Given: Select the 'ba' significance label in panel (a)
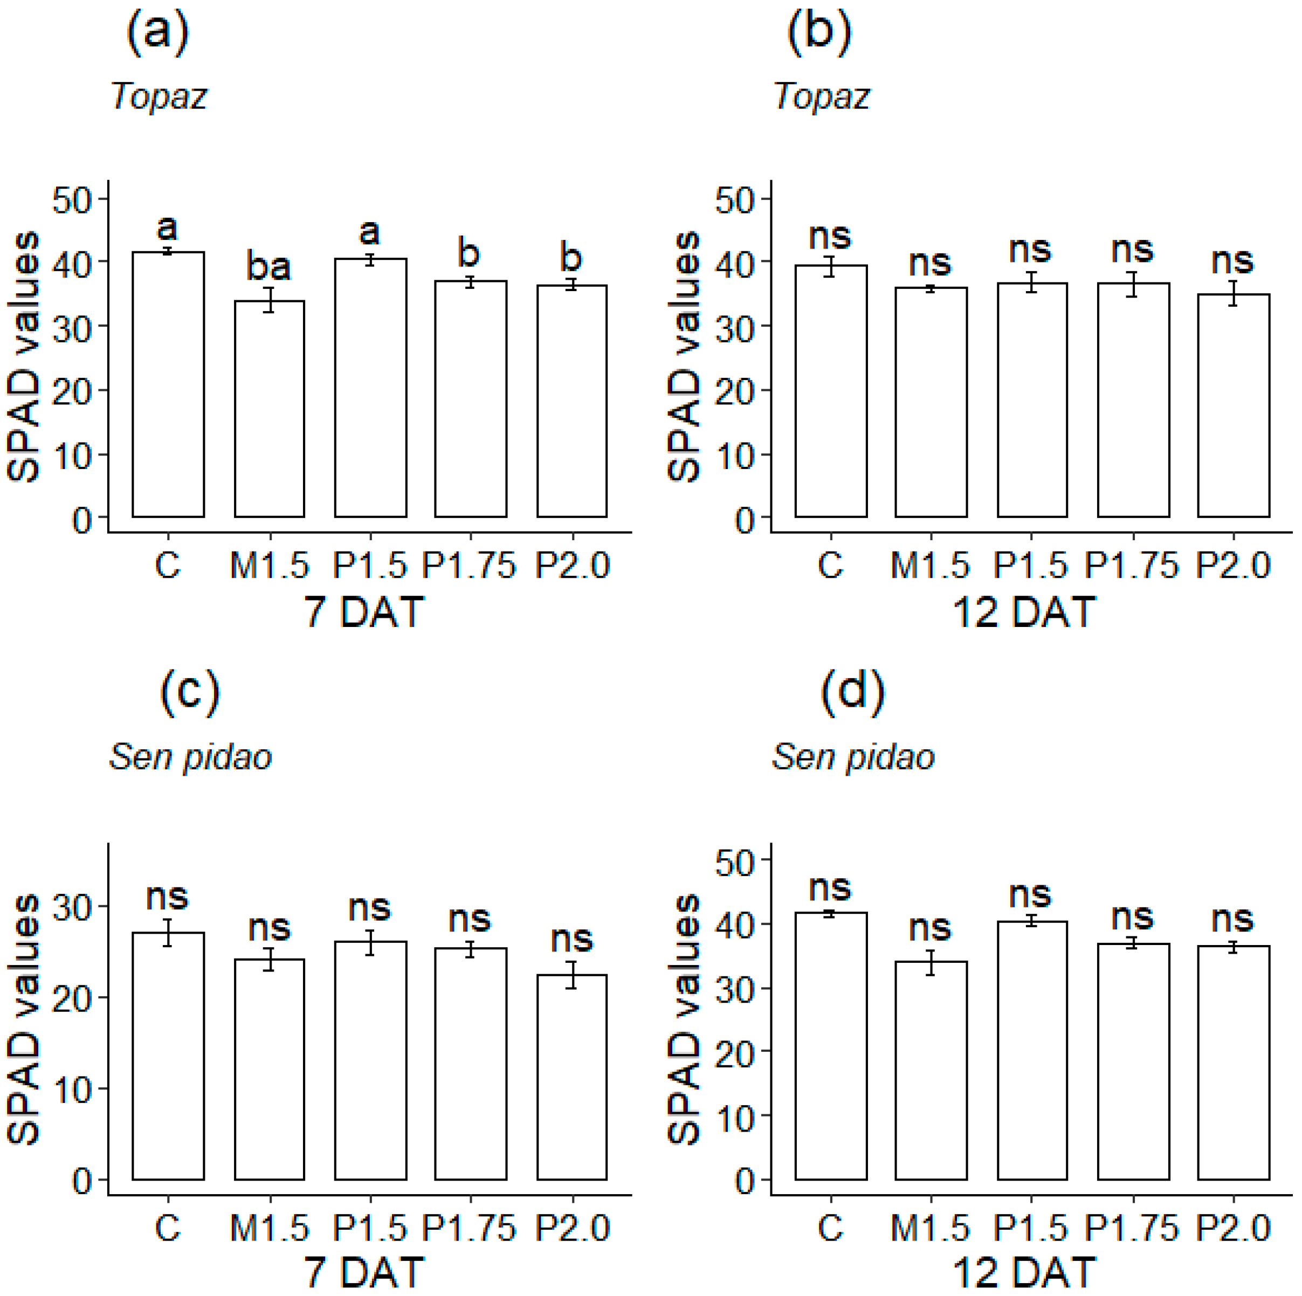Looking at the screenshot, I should tap(268, 267).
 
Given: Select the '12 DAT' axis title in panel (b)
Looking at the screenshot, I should tap(1023, 612).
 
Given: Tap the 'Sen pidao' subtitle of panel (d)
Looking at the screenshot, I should tap(852, 757).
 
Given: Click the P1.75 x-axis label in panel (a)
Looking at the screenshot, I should tap(469, 565).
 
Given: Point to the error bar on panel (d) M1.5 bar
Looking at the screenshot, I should tap(931, 962).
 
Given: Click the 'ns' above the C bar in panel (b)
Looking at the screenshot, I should tap(830, 237).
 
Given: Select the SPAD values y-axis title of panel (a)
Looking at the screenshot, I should tap(24, 357).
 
